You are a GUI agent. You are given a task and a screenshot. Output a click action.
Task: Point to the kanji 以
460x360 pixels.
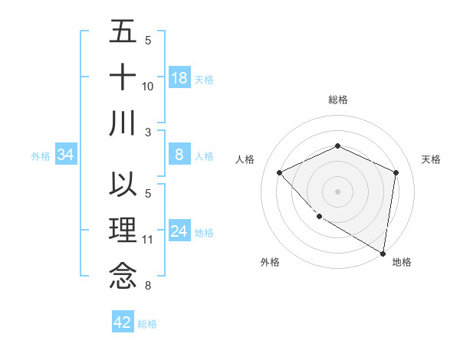coord(123,186)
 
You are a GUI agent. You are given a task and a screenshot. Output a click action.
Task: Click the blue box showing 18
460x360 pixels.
coord(179,78)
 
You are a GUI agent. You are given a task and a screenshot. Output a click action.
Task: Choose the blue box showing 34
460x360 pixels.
coord(65,155)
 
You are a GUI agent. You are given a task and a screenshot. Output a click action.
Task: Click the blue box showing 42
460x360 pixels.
coord(123,322)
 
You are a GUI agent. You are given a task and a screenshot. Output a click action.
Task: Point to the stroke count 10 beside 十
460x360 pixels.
coord(148,87)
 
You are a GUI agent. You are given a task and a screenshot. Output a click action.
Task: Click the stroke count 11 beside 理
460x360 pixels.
coord(148,240)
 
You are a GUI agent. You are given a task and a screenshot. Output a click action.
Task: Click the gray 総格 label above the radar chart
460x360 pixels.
coord(337,100)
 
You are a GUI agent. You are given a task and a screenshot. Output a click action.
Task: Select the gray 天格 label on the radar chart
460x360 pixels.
coord(431,159)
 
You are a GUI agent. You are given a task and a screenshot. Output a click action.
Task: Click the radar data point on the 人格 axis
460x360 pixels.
coord(280,172)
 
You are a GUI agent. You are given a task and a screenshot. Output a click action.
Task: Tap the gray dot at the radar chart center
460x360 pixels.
coord(337,191)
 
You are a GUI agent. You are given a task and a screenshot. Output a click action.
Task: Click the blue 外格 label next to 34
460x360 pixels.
coord(40,156)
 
